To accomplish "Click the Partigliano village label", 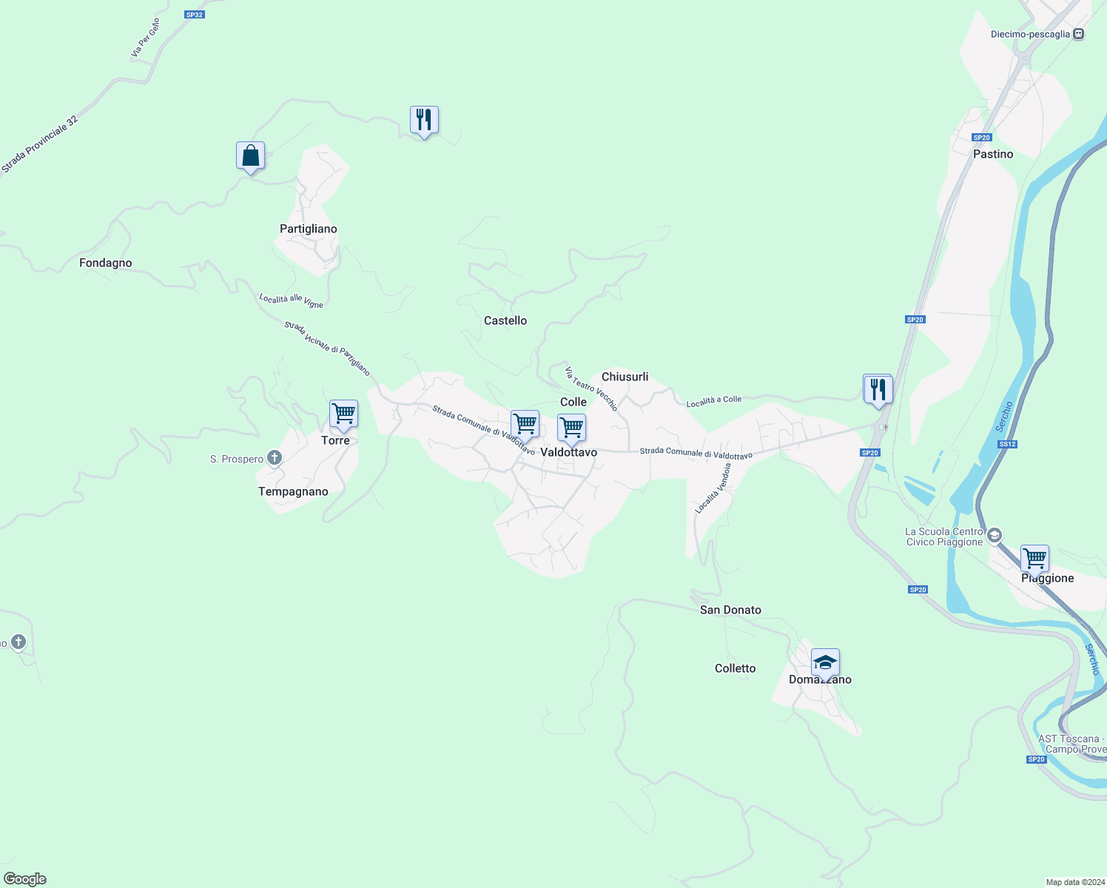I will tap(308, 229).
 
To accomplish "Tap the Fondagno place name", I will tap(105, 263).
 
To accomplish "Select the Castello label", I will tap(505, 320).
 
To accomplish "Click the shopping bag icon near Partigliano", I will tap(250, 156).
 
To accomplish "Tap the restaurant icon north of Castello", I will tap(424, 120).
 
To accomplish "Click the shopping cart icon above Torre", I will tap(343, 414).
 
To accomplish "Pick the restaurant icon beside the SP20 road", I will tap(878, 389).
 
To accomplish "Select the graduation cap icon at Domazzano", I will tap(825, 663).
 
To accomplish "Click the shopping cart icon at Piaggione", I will tap(1034, 559).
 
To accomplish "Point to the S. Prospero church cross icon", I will tap(275, 458).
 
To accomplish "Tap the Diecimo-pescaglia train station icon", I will tap(1079, 34).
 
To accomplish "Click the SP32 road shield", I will tap(194, 14).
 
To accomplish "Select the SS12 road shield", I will tap(1007, 444).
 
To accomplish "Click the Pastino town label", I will tap(992, 154).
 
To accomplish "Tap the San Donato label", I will tap(730, 610).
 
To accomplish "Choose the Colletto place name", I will tap(735, 668).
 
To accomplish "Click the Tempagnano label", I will tap(293, 491).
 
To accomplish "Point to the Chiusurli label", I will tap(625, 377).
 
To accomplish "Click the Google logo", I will tap(25, 879).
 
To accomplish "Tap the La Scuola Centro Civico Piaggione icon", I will tap(995, 535).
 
